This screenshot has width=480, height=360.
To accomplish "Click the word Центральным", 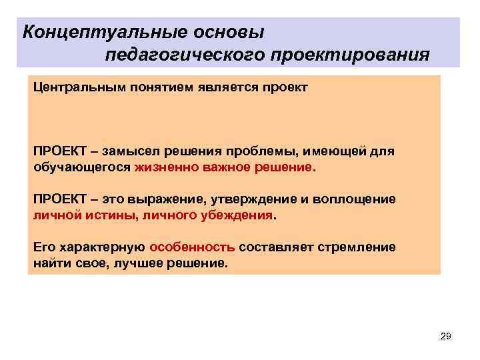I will (x=74, y=87).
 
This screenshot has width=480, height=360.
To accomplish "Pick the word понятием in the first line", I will (x=150, y=87).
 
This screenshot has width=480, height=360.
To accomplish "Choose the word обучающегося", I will (x=82, y=167).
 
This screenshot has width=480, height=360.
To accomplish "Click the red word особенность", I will (x=192, y=247).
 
